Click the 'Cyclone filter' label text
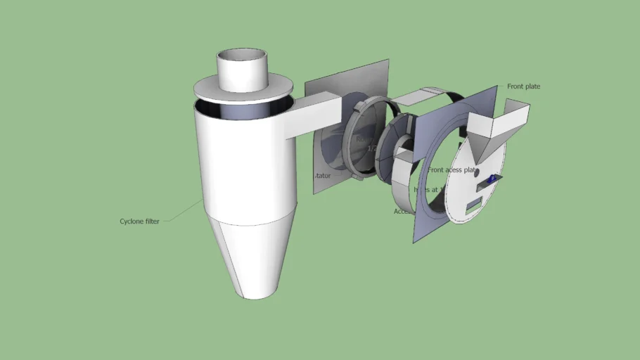pyautogui.click(x=139, y=221)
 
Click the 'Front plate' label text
pyautogui.click(x=523, y=86)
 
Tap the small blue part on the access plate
pyautogui.click(x=492, y=180)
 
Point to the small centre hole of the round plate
pyautogui.click(x=476, y=171)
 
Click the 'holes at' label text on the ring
pyautogui.click(x=425, y=189)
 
